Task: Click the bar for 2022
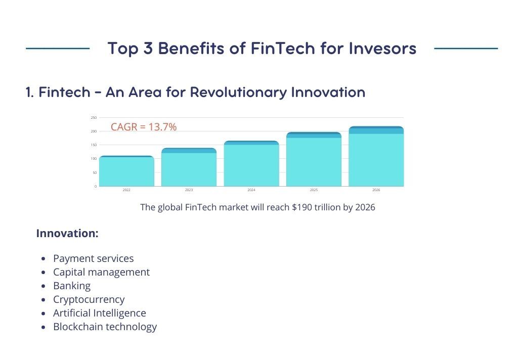126,171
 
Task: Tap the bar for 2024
251,164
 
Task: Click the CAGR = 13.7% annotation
144,127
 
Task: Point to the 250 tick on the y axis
94,117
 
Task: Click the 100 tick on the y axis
94,159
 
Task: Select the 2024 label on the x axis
251,190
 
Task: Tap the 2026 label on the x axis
376,190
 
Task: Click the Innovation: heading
67,234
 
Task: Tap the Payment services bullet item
93,258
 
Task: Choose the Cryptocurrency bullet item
89,299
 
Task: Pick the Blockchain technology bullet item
105,327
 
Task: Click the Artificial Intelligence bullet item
99,313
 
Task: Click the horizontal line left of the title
57,49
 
